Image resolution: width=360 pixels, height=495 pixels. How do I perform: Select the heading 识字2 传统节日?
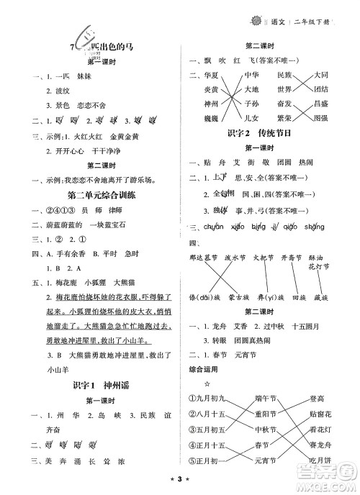pos(267,134)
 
